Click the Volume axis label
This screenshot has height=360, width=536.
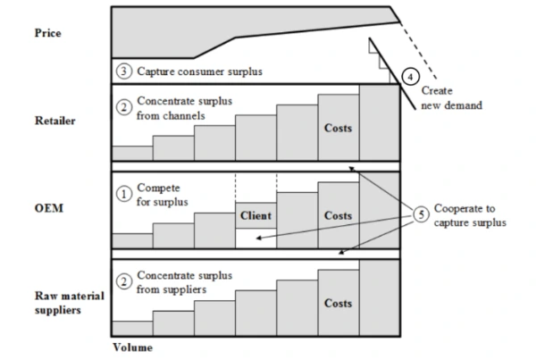(133, 347)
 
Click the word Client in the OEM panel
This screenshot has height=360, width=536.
(255, 216)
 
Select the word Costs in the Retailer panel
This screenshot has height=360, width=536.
(338, 128)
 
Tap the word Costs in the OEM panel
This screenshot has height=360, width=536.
(338, 216)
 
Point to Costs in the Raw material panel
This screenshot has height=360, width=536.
(338, 303)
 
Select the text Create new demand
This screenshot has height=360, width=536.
(452, 97)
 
